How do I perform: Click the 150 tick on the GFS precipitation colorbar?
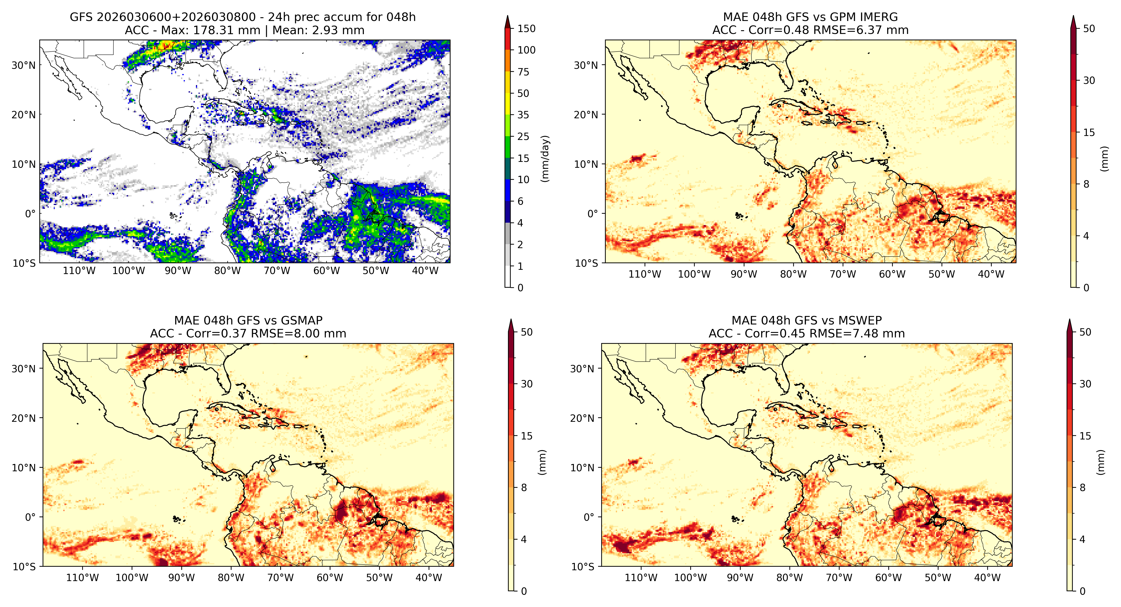click(526, 29)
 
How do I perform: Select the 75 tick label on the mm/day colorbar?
click(523, 72)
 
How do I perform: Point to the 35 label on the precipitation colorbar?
click(523, 115)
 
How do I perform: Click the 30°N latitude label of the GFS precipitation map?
click(24, 65)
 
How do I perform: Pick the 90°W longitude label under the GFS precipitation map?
click(178, 271)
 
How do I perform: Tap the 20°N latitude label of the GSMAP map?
click(24, 418)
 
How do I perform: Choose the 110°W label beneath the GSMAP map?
click(83, 578)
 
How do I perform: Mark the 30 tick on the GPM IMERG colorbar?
click(1089, 81)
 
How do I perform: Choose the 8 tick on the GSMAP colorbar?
click(524, 488)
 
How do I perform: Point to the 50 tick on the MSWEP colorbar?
click(1085, 332)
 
